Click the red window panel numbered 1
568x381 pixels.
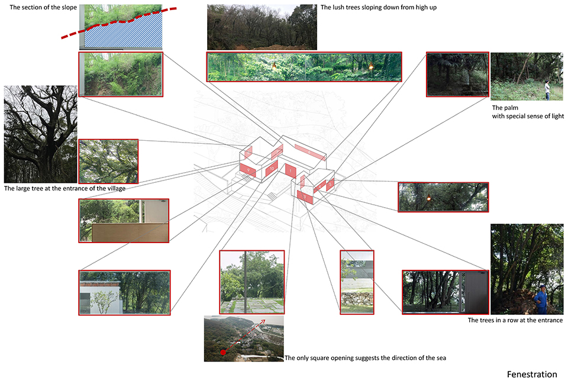(x=291, y=170)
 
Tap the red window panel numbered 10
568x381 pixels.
(x=272, y=169)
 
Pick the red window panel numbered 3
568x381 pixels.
(x=305, y=196)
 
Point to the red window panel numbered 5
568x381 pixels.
(x=330, y=185)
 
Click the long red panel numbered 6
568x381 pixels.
(x=309, y=153)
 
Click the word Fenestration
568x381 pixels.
(x=532, y=374)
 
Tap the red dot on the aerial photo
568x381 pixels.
(x=223, y=352)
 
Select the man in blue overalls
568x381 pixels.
(x=541, y=299)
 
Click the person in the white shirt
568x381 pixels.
(x=547, y=90)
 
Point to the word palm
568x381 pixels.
(x=511, y=108)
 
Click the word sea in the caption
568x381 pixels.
(x=441, y=358)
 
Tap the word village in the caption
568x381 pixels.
(x=116, y=188)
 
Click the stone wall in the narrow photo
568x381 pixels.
(x=357, y=298)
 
